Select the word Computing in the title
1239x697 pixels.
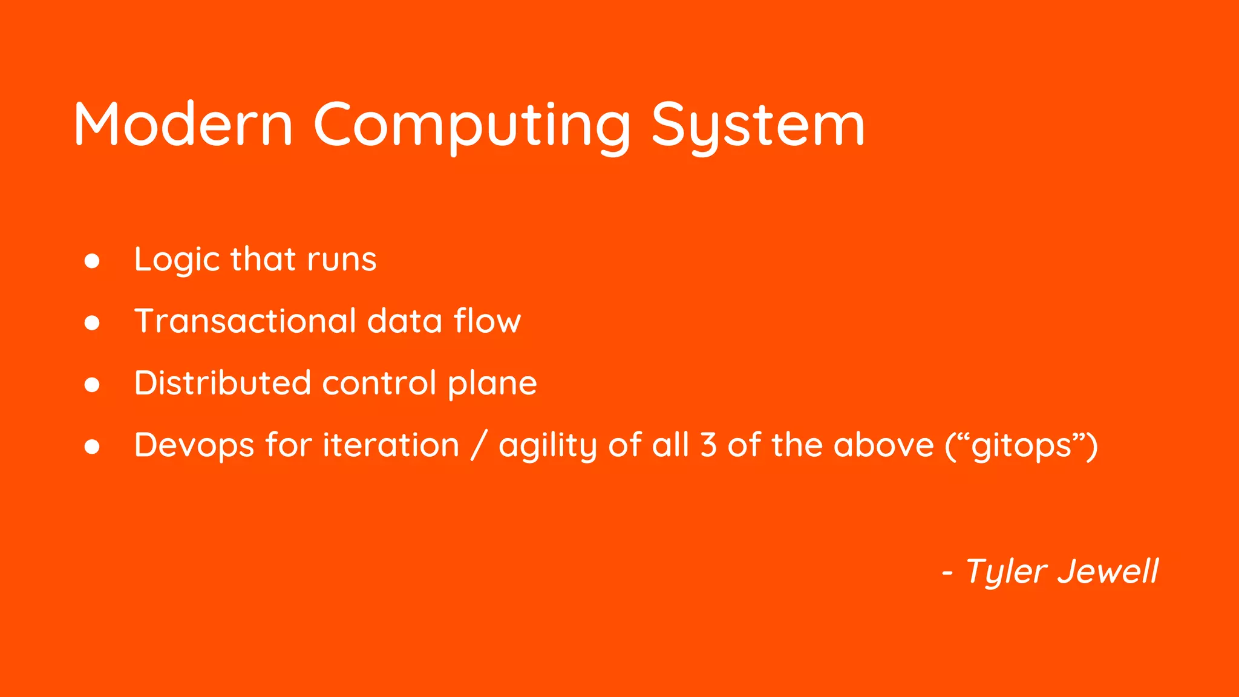(472, 125)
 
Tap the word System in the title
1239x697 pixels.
(757, 125)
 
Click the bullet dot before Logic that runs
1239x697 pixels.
(92, 261)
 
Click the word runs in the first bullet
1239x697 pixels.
(342, 260)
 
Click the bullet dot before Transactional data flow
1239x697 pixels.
(92, 323)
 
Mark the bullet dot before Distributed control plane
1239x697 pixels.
(92, 385)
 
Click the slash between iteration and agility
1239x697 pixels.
(479, 446)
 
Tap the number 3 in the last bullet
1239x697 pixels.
(708, 445)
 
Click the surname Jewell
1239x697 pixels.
(1108, 571)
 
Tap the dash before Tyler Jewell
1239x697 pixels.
(947, 572)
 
